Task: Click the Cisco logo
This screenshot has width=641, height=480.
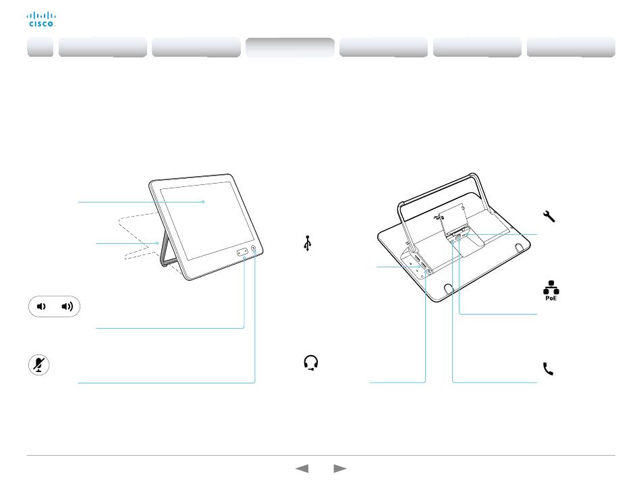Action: [x=41, y=19]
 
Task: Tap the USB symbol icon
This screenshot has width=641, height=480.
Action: [x=308, y=243]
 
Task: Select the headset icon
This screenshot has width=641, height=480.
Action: [x=311, y=363]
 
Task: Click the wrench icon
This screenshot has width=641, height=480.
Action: [x=549, y=216]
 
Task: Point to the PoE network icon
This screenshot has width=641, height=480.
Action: [x=551, y=291]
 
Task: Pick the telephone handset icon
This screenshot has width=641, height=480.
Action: [x=548, y=369]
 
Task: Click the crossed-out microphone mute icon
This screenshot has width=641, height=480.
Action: [x=39, y=365]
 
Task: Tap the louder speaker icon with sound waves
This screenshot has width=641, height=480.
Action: [x=67, y=306]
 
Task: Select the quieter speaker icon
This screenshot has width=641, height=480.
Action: [x=41, y=306]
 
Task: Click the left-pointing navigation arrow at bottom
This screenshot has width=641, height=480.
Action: [x=302, y=468]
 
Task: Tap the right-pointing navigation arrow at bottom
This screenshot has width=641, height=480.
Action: [x=339, y=468]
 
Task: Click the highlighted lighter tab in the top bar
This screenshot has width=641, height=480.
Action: [x=290, y=47]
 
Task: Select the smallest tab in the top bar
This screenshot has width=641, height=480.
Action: [x=40, y=47]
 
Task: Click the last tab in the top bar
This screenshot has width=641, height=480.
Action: [x=571, y=47]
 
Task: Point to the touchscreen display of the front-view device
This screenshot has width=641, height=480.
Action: [x=207, y=220]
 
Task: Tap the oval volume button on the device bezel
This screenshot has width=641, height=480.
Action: [x=242, y=252]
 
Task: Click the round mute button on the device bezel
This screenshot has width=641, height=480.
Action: [x=254, y=248]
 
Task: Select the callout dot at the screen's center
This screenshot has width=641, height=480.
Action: [x=203, y=202]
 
